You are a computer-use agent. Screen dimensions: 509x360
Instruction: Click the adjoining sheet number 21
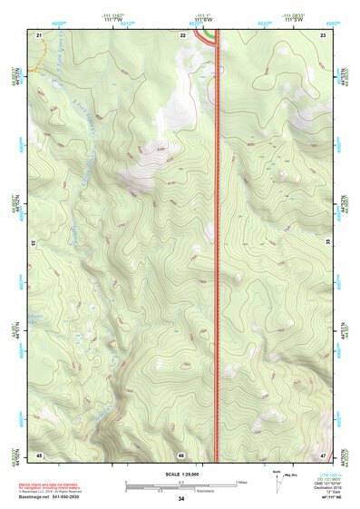[x=39, y=34]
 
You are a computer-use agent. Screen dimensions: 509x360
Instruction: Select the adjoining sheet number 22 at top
[x=182, y=34]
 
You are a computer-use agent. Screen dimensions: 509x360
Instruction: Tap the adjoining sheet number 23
[x=323, y=34]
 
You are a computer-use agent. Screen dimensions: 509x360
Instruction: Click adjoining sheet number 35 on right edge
[x=327, y=243]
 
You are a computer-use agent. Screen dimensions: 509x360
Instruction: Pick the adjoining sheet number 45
[x=39, y=454]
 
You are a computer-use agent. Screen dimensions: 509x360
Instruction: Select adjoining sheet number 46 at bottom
[x=181, y=454]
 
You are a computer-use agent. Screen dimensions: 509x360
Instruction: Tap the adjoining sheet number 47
[x=323, y=454]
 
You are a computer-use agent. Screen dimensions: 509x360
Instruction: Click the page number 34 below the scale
[x=181, y=499]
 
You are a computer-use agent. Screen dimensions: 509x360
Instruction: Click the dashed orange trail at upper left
[x=36, y=69]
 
